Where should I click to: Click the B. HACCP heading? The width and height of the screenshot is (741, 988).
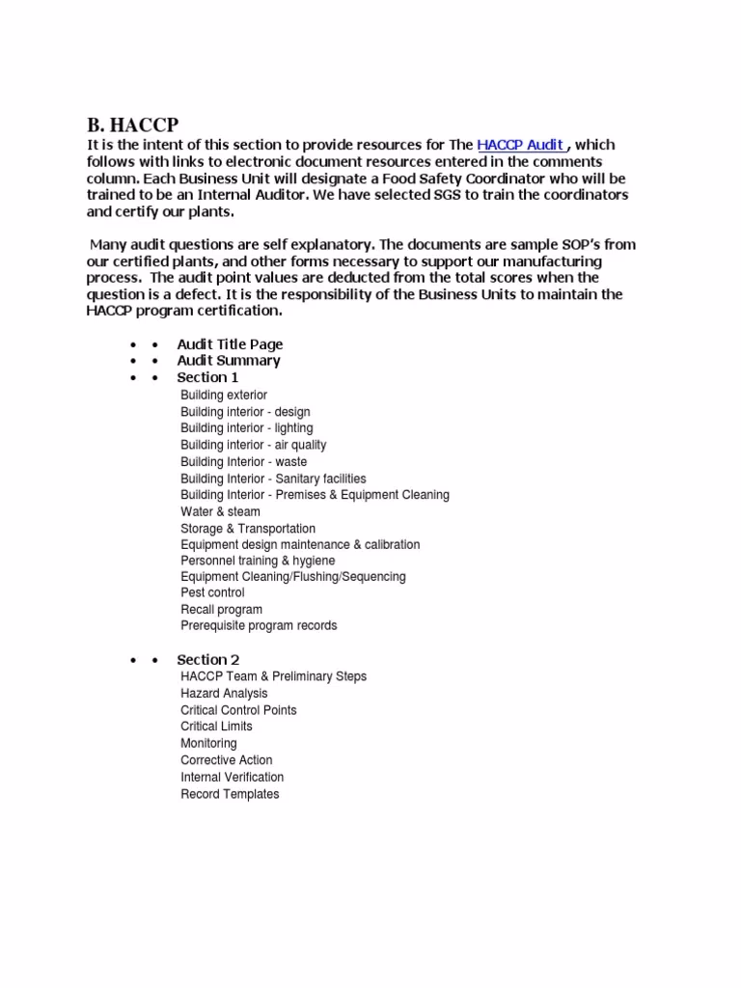[x=132, y=125]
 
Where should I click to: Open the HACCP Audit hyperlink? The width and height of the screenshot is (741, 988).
[x=520, y=145]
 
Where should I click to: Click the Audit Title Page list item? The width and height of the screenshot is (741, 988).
[x=230, y=344]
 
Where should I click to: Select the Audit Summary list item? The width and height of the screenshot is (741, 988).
[x=229, y=361]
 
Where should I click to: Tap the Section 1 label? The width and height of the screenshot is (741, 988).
[x=207, y=377]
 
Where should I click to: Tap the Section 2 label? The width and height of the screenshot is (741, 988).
[x=207, y=660]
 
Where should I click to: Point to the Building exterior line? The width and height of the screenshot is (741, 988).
[x=224, y=396]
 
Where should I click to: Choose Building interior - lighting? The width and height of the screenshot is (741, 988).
[x=246, y=428]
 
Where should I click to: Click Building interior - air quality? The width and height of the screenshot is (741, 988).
[x=253, y=445]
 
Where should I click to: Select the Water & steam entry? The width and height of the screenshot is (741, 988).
[x=220, y=511]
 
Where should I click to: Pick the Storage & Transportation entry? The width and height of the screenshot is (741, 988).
[x=248, y=529]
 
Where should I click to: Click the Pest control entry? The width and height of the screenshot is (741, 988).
[x=212, y=592]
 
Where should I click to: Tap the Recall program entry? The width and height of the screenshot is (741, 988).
[x=221, y=610]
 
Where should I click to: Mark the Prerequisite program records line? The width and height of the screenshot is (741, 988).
[x=259, y=626]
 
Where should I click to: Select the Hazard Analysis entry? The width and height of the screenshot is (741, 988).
[x=224, y=694]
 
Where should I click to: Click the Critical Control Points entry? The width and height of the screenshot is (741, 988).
[x=238, y=710]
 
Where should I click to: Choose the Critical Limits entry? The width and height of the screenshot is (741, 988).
[x=216, y=727]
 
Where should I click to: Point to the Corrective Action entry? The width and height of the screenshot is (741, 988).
[x=226, y=760]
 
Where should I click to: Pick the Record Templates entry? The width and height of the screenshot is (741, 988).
[x=230, y=794]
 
